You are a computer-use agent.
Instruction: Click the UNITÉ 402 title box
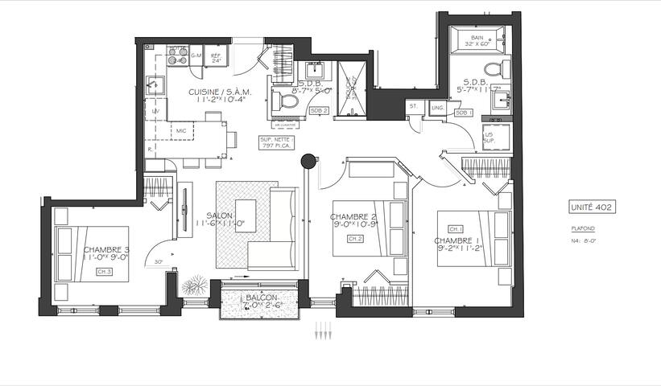point(592,207)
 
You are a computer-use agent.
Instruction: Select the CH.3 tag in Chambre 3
point(103,273)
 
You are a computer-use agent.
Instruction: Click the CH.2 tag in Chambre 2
point(355,239)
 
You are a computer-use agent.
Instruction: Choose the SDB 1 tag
point(463,112)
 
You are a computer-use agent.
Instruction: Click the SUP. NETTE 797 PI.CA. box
point(277,143)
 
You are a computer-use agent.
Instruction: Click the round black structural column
point(308,162)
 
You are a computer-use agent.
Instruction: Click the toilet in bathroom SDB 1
point(493,68)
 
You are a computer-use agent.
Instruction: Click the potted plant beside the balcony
point(193,285)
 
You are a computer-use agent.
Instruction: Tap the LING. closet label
point(438,106)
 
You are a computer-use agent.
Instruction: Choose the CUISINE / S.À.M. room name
point(220,92)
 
